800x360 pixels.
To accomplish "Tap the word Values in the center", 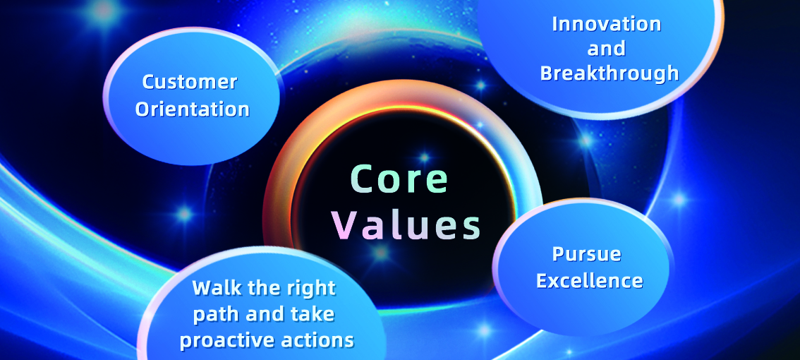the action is click(x=407, y=225).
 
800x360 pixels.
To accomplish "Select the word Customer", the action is click(x=190, y=82).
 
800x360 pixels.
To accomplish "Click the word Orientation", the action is click(x=193, y=109).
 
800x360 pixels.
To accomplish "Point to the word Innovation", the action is click(x=607, y=25).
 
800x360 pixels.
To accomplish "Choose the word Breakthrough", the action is click(x=610, y=73).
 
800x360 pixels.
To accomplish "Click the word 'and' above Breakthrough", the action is click(x=607, y=49).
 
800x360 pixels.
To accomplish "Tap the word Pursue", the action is click(x=587, y=255).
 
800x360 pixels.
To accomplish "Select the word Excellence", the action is click(x=590, y=280).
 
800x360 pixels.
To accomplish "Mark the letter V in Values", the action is click(x=347, y=225).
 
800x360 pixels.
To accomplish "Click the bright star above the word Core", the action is click(x=424, y=157).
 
